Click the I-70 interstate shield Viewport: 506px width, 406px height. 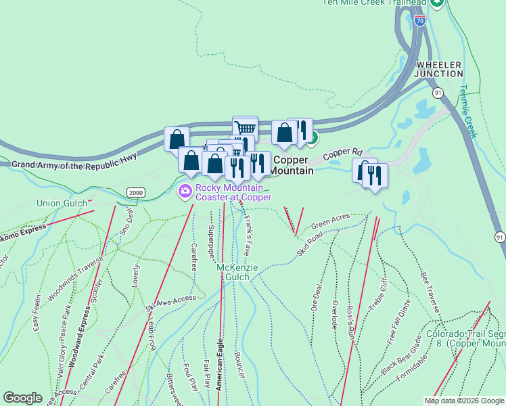420,21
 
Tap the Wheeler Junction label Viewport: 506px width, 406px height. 438,68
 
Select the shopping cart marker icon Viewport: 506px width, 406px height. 246,127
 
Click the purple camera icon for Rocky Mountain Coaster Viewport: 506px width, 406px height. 184,192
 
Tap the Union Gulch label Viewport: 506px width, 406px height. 60,203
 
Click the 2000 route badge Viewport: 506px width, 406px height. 136,192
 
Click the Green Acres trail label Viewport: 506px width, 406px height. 330,221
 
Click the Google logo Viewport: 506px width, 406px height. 22,398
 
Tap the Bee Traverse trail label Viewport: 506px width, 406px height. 430,292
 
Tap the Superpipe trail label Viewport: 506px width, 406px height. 210,240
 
